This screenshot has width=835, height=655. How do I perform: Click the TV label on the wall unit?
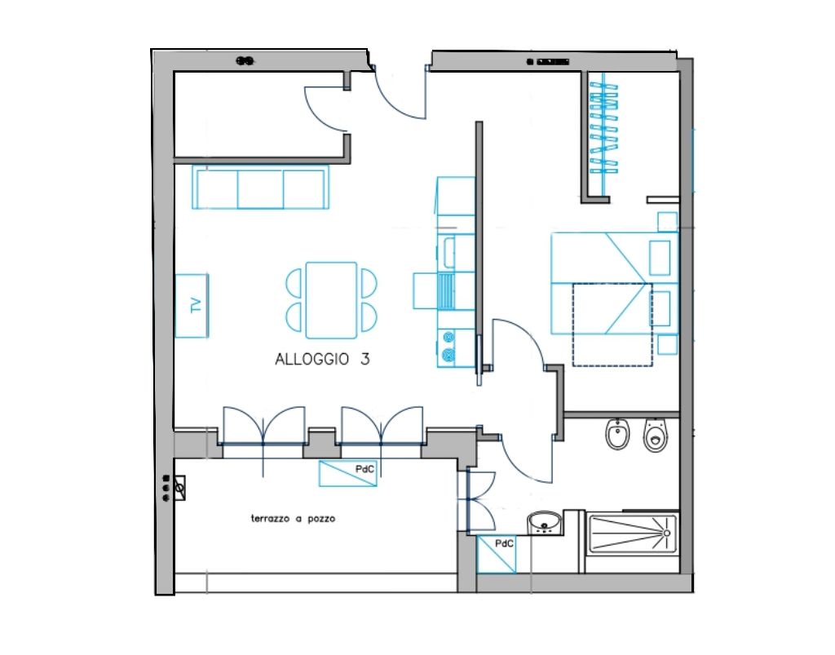point(196,305)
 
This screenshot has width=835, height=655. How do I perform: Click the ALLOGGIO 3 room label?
point(322,360)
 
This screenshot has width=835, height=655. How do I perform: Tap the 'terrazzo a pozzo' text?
point(293,518)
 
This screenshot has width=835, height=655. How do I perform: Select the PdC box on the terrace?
point(347,473)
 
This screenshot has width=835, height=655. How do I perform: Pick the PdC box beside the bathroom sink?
point(497,555)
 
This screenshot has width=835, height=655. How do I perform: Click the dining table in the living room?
point(331,300)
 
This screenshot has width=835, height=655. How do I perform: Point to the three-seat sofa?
point(260,188)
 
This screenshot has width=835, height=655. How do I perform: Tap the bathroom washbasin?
point(545,523)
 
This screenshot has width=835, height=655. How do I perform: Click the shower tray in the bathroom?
point(633,533)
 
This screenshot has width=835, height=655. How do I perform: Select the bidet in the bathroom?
point(618,434)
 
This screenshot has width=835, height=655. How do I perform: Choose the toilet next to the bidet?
point(656,435)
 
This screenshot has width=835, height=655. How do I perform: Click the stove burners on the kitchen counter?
point(448,346)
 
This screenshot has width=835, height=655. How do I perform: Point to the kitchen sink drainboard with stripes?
point(446,290)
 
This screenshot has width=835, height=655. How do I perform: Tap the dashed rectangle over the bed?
point(612,325)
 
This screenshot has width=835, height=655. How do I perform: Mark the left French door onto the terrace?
point(263,426)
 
